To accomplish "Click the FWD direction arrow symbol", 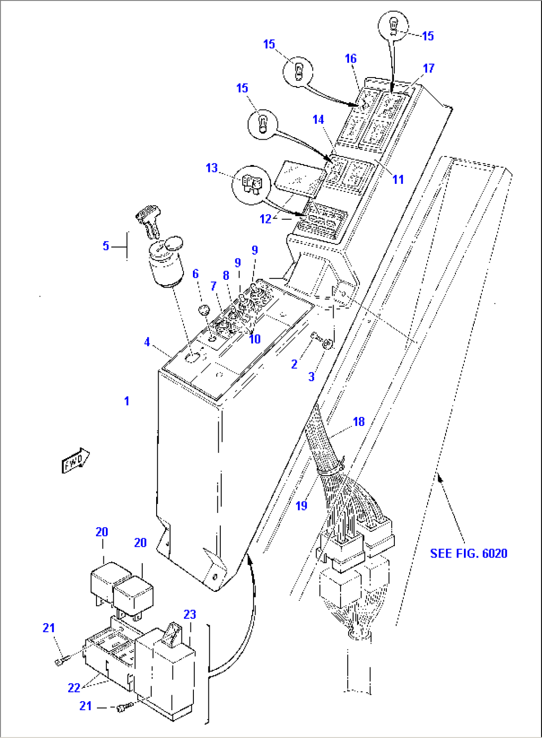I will click(76, 461).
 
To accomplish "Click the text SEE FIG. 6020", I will click(468, 554).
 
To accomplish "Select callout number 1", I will click(127, 401).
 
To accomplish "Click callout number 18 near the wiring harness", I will click(359, 422).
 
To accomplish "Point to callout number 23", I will click(190, 615).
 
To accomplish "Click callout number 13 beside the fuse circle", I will click(212, 168).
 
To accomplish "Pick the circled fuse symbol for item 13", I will click(251, 183).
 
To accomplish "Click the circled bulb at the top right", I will click(393, 25).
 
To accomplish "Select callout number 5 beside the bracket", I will click(106, 246).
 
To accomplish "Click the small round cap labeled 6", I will click(203, 311).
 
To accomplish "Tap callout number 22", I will click(74, 688).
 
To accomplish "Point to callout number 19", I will click(301, 506).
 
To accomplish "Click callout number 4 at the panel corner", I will click(147, 342).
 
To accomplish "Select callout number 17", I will click(429, 68).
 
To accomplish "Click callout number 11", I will click(398, 180).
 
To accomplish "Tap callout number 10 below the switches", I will click(255, 339).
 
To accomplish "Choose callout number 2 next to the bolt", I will click(294, 364).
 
